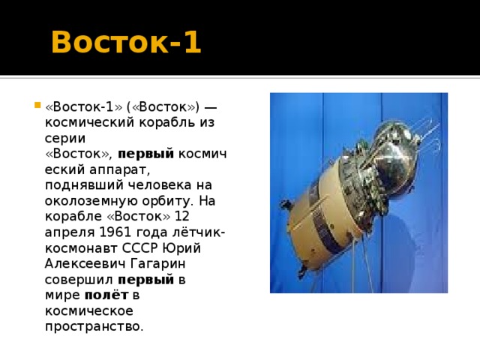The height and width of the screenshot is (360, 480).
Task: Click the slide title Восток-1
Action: (x=126, y=43)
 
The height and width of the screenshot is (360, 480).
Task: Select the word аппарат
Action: (x=123, y=169)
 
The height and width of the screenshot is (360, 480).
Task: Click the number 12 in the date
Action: (x=181, y=216)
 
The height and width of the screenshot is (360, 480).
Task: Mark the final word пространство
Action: (x=94, y=326)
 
